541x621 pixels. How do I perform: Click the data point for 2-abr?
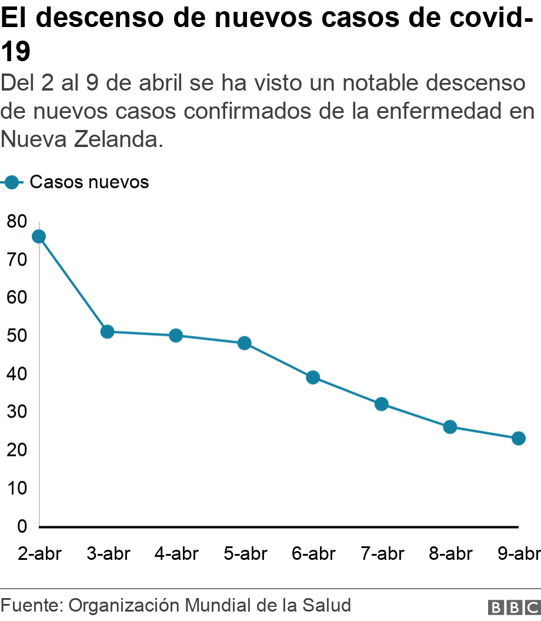point(39,236)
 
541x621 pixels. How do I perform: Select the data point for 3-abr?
point(107,332)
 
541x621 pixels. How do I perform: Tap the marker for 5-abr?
point(244,343)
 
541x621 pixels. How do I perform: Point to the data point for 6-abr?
point(313,378)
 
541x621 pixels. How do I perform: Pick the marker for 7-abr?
point(381,404)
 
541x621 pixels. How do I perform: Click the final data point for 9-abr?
point(518,438)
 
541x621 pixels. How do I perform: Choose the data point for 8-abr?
point(450,427)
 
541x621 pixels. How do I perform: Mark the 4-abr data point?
point(176,336)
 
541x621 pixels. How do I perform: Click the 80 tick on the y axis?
point(17,222)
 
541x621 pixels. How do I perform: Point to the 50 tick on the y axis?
point(17,336)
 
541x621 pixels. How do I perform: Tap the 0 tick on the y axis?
point(22,526)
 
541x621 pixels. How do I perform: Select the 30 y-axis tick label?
point(17,412)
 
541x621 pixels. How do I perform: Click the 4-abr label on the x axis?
point(177,554)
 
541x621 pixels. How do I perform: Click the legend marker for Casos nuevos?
point(13,182)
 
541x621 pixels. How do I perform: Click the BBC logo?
point(513,607)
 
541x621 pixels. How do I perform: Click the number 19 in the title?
point(15,53)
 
